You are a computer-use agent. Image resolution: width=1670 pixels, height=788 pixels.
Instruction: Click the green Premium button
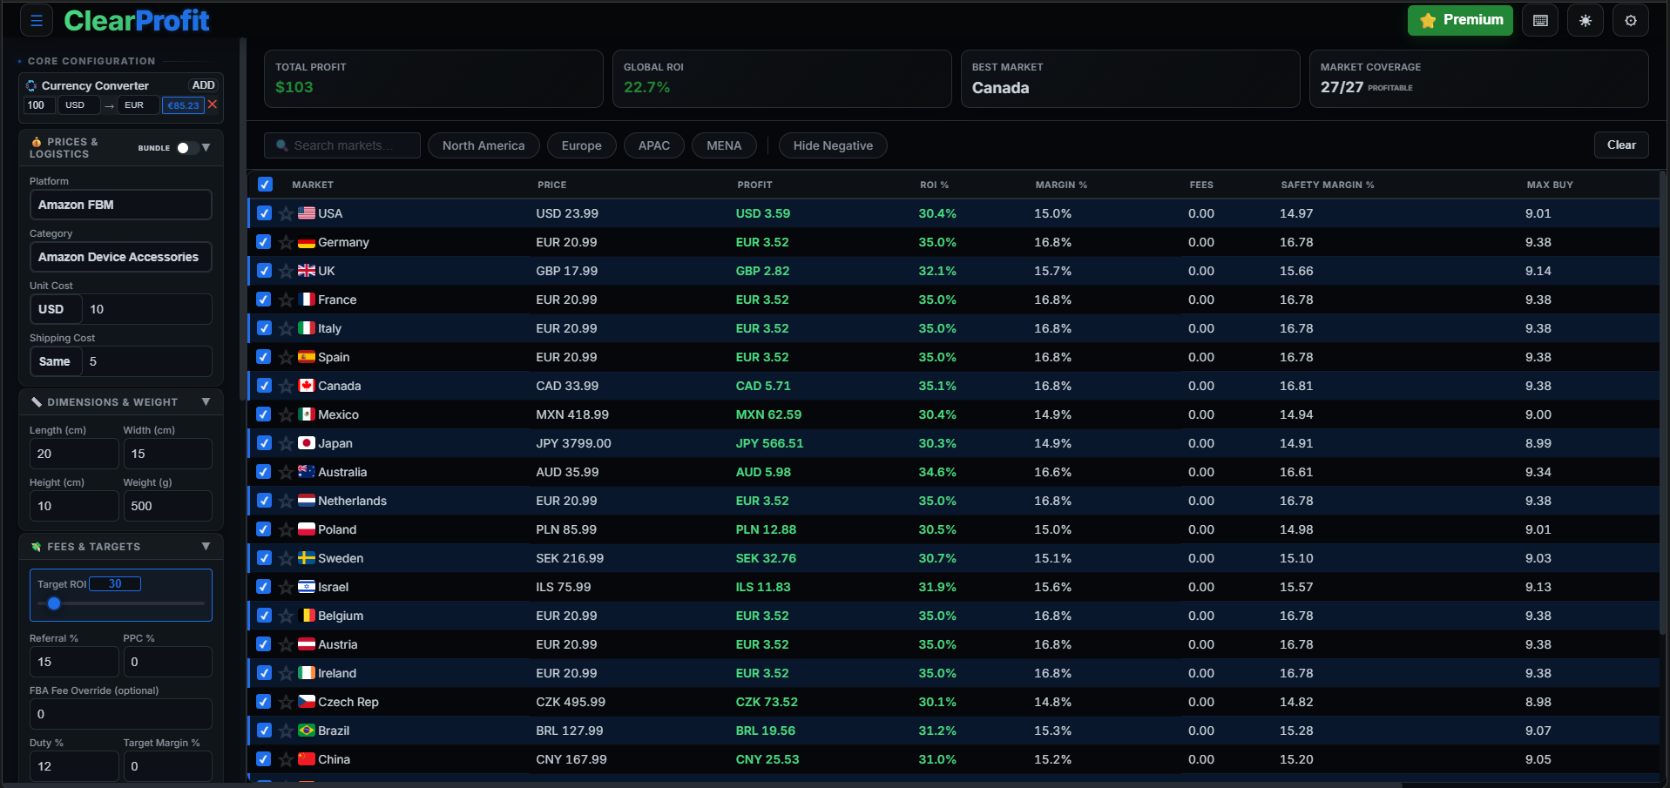1459,20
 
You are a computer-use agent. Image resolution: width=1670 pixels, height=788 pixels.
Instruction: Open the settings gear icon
1630,20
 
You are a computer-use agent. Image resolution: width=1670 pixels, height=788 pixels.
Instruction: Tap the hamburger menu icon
37,21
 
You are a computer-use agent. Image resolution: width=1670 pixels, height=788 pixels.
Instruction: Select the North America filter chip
483,145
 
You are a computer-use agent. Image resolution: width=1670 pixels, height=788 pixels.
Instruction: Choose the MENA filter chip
724,145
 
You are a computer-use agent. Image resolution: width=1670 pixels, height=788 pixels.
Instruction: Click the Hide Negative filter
832,145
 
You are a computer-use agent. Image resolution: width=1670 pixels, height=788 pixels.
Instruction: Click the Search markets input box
342,145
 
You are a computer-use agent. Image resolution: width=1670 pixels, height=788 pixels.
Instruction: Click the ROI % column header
934,185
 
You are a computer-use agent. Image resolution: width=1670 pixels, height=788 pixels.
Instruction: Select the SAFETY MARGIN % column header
1327,185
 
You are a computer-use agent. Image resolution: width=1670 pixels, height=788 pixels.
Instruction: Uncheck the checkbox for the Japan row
264,443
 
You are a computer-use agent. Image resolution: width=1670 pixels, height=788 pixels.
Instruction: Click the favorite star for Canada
286,386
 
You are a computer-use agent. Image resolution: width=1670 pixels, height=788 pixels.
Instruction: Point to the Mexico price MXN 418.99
572,414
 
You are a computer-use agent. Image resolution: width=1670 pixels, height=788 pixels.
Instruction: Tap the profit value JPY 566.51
769,443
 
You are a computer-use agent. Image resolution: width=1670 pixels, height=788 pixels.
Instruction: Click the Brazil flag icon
307,731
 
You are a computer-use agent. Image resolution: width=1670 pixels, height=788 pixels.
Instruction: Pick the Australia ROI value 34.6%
936,472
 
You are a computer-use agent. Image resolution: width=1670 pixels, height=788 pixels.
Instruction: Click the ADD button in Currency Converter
203,85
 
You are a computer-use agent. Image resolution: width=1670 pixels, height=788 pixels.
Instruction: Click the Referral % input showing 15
73,662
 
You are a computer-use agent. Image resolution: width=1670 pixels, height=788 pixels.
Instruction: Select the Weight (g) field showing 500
166,506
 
